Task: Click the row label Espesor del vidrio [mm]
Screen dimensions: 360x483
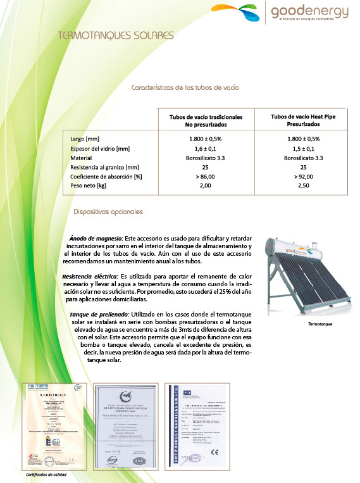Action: click(x=100, y=148)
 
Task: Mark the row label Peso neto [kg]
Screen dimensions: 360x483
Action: click(x=88, y=186)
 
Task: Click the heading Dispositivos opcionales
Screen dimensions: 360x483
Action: click(x=108, y=211)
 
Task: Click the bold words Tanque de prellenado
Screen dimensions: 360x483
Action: click(x=99, y=315)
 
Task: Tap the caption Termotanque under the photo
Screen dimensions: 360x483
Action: click(x=320, y=323)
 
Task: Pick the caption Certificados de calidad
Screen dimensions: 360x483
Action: click(x=46, y=474)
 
